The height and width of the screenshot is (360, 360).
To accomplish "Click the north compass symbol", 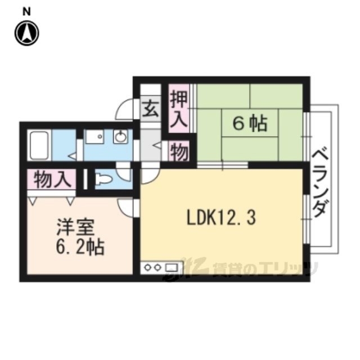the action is [27, 33].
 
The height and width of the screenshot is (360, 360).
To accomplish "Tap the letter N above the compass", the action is [26, 12].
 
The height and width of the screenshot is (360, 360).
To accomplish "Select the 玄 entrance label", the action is [151, 110].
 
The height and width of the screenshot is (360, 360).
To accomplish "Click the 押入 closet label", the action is [179, 109].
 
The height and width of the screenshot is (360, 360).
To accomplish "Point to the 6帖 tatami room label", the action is [250, 124].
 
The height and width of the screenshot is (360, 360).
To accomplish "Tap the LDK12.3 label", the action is [221, 218].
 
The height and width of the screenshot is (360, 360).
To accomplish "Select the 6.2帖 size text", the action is [80, 247].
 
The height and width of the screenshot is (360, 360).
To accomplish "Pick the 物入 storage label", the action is [52, 179].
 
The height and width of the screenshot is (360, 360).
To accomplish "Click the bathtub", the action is [39, 145].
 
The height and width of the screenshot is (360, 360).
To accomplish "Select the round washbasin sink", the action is [121, 137].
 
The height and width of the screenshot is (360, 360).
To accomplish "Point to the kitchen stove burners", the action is [152, 268].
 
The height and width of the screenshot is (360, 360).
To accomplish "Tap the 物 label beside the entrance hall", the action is [179, 151].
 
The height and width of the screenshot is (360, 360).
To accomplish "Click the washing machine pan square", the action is [94, 137].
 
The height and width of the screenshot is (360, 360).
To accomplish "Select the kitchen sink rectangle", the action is [172, 268].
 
